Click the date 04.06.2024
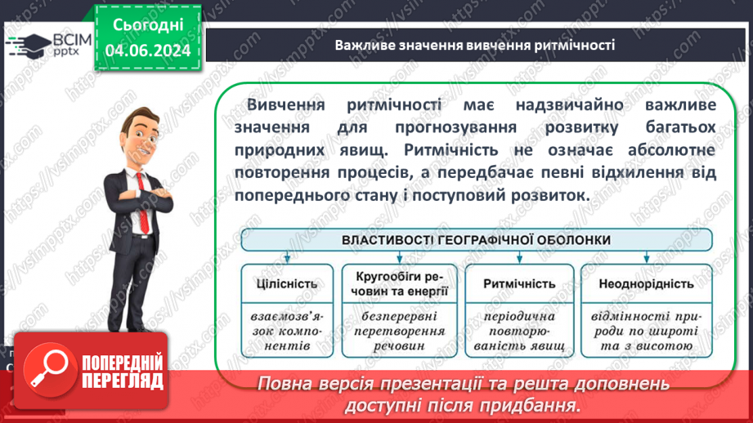click(148, 51)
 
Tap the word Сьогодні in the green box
click(148, 24)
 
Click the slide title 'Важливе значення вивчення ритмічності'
click(473, 44)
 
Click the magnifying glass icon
click(48, 367)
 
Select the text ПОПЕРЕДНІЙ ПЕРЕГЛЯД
click(123, 372)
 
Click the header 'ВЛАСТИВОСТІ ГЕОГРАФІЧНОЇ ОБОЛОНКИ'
click(477, 240)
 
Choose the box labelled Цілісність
click(287, 284)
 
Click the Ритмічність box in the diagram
click(519, 284)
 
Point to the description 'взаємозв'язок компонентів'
click(287, 331)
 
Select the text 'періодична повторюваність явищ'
click(519, 331)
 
